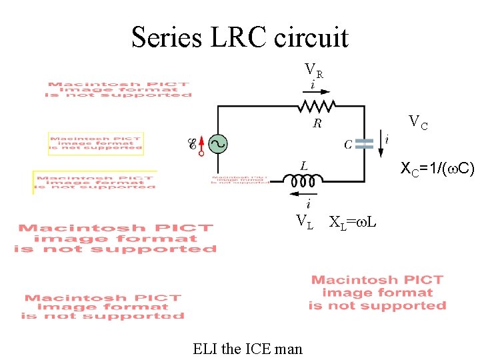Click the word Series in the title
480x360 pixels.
tap(167, 37)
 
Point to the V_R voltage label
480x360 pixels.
tap(314, 70)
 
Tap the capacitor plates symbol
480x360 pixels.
tap(364, 143)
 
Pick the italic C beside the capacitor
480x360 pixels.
tap(348, 144)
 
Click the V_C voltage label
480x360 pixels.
tap(418, 122)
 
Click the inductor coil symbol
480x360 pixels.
tap(303, 179)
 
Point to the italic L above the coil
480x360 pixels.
tap(304, 165)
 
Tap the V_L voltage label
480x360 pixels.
tap(305, 222)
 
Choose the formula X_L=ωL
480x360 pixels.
tap(353, 222)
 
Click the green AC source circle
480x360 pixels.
tap(217, 143)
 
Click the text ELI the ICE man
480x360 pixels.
tap(247, 348)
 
